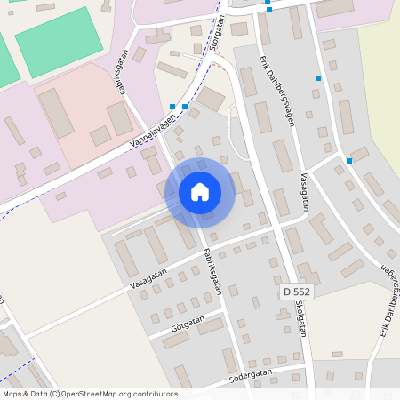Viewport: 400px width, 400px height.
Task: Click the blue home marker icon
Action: coord(200,192)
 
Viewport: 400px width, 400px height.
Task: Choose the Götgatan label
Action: coord(184,325)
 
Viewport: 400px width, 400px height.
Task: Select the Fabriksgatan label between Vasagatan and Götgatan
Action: coord(212,269)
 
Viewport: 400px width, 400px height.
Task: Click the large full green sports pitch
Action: coord(59,42)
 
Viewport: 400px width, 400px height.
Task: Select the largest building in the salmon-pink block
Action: coord(55,113)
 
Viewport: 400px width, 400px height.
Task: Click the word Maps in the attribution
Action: coord(13,394)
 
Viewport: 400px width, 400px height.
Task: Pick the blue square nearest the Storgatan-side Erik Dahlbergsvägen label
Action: coord(317,78)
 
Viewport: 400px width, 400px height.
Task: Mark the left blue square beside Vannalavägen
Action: coord(172,107)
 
